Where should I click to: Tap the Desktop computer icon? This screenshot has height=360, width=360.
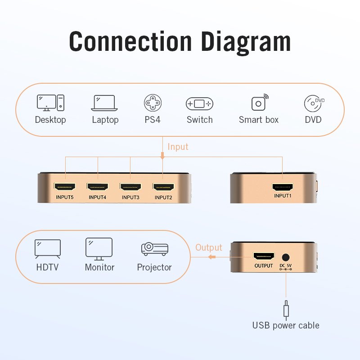click(50, 103)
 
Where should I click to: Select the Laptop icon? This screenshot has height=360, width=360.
click(105, 103)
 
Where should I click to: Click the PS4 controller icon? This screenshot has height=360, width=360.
click(153, 103)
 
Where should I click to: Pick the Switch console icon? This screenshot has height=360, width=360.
click(199, 104)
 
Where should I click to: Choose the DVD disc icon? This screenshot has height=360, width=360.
click(313, 103)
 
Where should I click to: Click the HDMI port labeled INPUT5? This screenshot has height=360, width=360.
click(65, 186)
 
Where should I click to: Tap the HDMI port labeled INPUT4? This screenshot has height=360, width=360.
click(98, 186)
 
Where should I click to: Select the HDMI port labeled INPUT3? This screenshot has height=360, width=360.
click(130, 186)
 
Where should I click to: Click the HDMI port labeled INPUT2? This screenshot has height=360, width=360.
click(163, 186)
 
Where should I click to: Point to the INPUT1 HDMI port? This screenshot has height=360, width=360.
click(283, 187)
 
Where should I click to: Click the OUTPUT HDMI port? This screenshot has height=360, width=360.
click(264, 257)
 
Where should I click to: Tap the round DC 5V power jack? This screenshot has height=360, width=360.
click(285, 257)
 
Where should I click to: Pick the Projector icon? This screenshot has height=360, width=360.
click(154, 249)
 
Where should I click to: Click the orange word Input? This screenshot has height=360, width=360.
click(178, 147)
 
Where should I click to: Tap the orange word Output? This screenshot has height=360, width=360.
click(209, 247)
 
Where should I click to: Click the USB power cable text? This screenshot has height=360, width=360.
click(286, 325)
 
